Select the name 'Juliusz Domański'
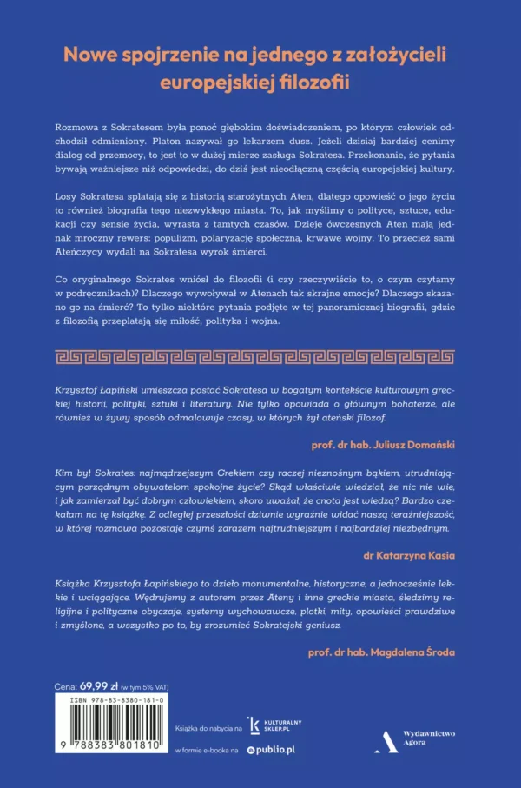click(413, 441)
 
